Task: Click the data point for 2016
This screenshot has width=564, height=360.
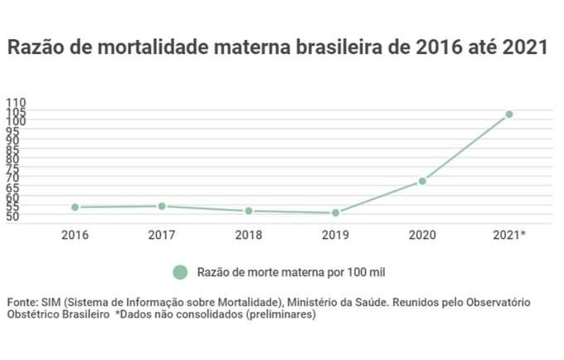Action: pyautogui.click(x=75, y=207)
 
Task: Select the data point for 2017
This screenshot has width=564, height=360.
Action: pyautogui.click(x=162, y=207)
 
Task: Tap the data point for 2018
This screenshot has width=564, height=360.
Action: pyautogui.click(x=249, y=211)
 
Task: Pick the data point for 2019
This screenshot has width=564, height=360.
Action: pyautogui.click(x=335, y=213)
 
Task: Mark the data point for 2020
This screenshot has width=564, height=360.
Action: pyautogui.click(x=422, y=181)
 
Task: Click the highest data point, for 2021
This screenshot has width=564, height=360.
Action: pyautogui.click(x=509, y=114)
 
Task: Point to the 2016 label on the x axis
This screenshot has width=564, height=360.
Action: pyautogui.click(x=75, y=236)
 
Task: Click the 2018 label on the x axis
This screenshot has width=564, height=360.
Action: pyautogui.click(x=249, y=236)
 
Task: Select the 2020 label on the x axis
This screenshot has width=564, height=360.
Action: pyautogui.click(x=422, y=236)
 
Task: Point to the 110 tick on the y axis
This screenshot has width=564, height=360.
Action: pyautogui.click(x=17, y=102)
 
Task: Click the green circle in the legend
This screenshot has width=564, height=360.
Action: pyautogui.click(x=179, y=272)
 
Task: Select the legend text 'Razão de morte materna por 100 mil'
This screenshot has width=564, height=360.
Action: pyautogui.click(x=291, y=272)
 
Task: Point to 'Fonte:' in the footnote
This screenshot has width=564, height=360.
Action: pyautogui.click(x=22, y=301)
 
